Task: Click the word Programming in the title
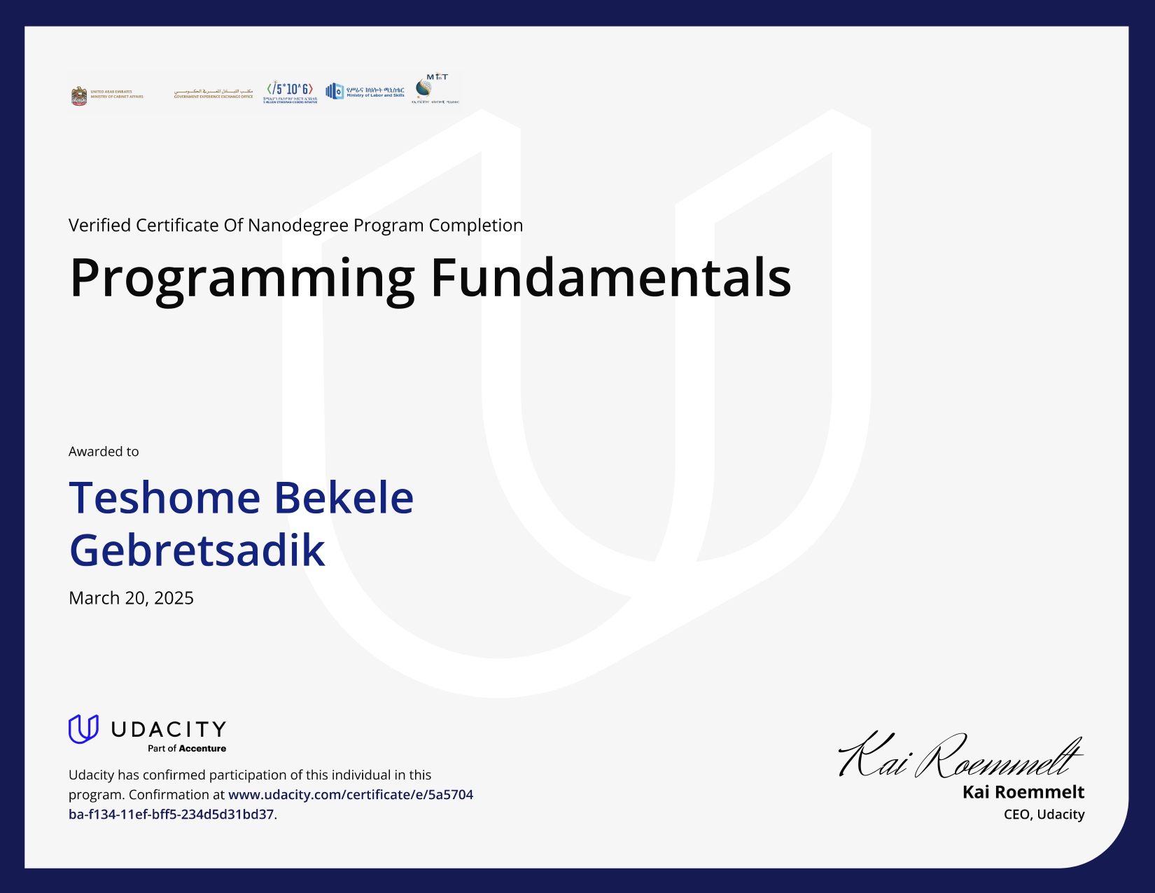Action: (x=242, y=279)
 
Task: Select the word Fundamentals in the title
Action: (x=610, y=277)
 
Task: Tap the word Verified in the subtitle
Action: (x=99, y=226)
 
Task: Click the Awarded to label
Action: (x=104, y=452)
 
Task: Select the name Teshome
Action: (x=164, y=498)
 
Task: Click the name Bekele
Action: (x=343, y=498)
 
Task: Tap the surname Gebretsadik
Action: (x=197, y=551)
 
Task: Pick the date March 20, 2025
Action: (x=131, y=598)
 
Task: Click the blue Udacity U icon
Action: (x=83, y=729)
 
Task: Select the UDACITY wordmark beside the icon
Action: (x=169, y=730)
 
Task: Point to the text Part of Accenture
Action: (x=187, y=749)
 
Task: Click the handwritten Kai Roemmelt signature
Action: (x=959, y=756)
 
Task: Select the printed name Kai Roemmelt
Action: (x=1023, y=792)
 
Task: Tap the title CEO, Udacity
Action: (x=1044, y=815)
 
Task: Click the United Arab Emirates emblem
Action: (x=79, y=96)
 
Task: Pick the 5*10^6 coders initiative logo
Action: (x=290, y=92)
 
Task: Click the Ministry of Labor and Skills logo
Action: (x=365, y=92)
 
